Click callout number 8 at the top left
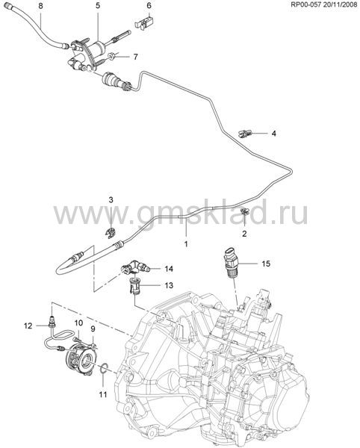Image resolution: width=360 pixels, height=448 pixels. click(x=41, y=6)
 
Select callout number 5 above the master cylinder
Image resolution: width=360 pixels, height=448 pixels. click(x=98, y=6)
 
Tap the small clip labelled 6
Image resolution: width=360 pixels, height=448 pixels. click(x=145, y=22)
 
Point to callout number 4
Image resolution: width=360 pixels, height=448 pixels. click(x=274, y=134)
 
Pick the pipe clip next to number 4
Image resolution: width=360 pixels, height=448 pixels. click(x=245, y=133)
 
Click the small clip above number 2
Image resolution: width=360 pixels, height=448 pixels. click(x=245, y=212)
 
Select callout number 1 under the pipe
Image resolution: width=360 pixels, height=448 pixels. click(x=186, y=244)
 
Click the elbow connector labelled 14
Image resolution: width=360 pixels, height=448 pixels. click(x=134, y=267)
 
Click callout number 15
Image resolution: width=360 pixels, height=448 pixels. click(x=266, y=264)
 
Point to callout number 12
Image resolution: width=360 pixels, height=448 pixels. click(x=28, y=326)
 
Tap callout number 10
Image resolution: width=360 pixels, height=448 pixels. click(x=78, y=323)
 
